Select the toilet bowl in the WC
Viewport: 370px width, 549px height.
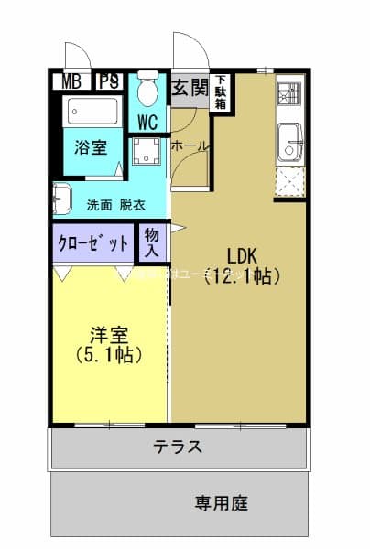147,91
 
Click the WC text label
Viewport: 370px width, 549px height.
147,123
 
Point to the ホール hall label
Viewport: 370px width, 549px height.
189,146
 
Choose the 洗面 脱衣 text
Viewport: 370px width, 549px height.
114,205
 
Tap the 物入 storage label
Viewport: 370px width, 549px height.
152,242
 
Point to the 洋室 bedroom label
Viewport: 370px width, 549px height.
108,335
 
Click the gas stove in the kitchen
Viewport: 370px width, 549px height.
288,93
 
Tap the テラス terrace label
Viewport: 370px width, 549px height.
178,447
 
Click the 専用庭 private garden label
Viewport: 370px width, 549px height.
221,502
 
